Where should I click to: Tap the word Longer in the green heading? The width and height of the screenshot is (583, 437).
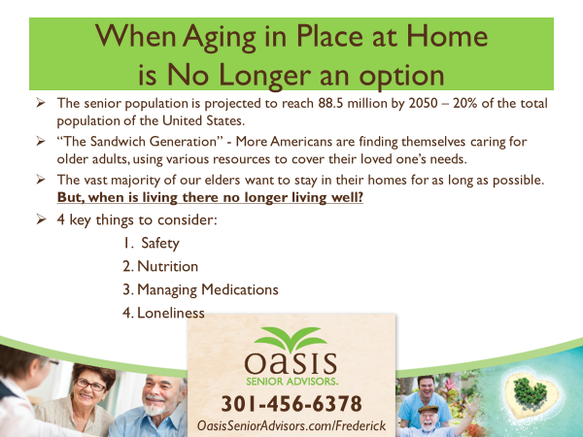click(x=264, y=77)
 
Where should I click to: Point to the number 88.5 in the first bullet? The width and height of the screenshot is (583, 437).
click(x=330, y=103)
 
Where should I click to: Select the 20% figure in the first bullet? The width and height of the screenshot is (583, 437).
click(x=464, y=103)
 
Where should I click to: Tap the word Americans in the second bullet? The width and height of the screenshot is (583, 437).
click(x=301, y=142)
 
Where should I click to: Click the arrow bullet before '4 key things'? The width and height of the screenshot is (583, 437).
click(x=41, y=218)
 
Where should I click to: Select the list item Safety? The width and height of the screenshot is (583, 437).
click(x=160, y=244)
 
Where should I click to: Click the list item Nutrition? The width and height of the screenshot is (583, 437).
click(x=167, y=266)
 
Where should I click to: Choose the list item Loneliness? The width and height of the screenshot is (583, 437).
click(x=171, y=313)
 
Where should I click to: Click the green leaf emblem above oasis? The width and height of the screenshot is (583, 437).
click(x=291, y=339)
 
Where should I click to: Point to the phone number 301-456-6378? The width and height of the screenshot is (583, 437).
click(x=291, y=404)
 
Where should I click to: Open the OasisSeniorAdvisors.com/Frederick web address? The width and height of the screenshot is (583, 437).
click(x=291, y=426)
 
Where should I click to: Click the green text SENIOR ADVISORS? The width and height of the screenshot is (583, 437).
click(x=291, y=382)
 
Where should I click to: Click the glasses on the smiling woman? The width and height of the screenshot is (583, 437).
click(x=90, y=386)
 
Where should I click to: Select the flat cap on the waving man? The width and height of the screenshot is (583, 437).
click(x=429, y=409)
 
